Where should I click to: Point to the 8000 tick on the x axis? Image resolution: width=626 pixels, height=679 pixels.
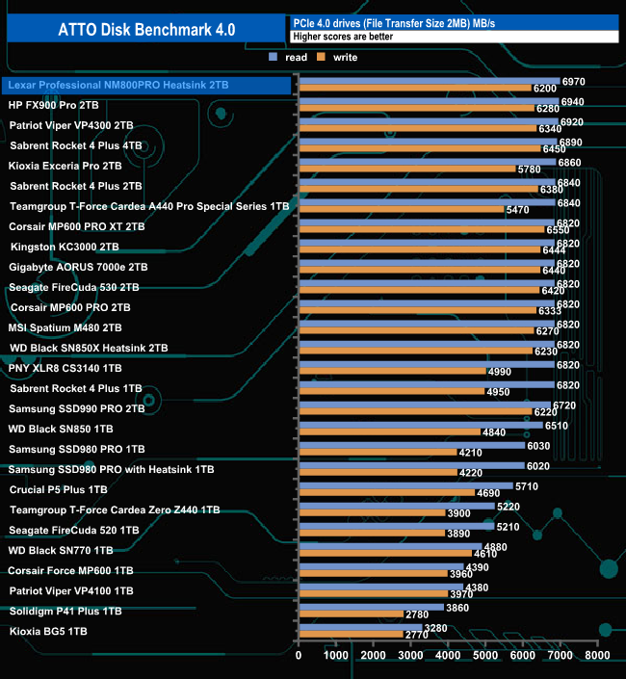point(597,656)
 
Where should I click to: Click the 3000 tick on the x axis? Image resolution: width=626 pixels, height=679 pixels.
point(411,656)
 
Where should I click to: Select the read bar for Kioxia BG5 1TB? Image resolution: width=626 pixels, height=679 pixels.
point(360,627)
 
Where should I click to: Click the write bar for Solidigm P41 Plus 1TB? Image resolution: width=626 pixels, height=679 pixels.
point(351,614)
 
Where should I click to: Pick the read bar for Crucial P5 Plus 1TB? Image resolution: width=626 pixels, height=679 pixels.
point(405,485)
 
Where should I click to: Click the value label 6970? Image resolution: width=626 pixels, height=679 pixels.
point(573,82)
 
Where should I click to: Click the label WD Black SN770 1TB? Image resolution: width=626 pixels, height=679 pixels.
point(61,550)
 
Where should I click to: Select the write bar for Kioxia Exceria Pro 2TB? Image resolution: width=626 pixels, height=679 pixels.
point(406,169)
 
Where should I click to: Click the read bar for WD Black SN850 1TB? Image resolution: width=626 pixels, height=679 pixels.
point(421,425)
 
